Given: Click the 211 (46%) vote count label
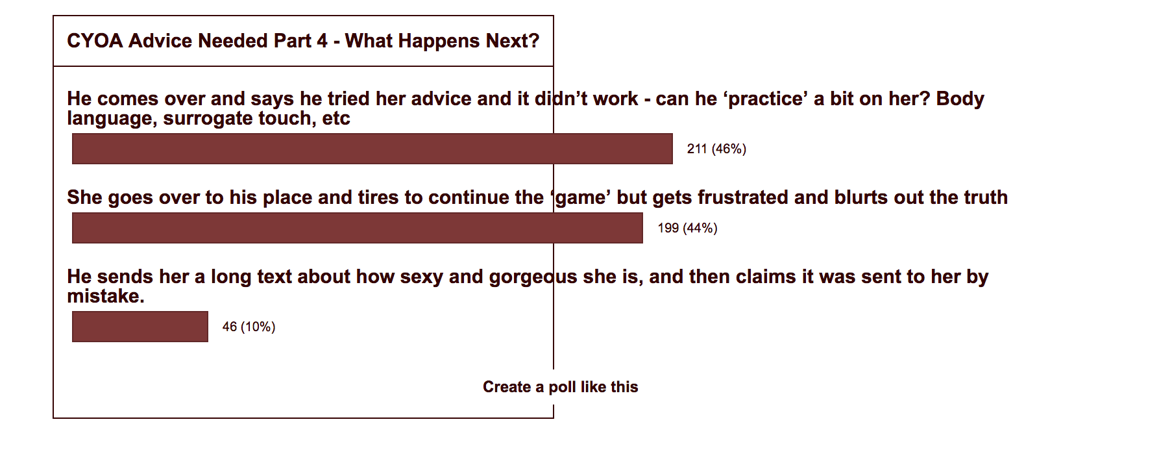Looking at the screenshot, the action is (x=716, y=149).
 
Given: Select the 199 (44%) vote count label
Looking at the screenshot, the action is (x=687, y=228).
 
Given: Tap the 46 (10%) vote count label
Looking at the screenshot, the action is (x=249, y=327).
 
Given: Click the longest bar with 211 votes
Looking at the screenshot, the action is (x=372, y=149).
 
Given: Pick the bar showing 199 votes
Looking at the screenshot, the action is (x=358, y=228).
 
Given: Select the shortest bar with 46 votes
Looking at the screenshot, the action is (x=140, y=327).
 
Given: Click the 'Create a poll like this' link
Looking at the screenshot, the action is (x=561, y=387).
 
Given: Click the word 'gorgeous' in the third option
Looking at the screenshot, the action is (x=533, y=277).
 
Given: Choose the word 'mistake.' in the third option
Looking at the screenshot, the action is (x=106, y=296).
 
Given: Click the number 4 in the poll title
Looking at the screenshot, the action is (x=323, y=41).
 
